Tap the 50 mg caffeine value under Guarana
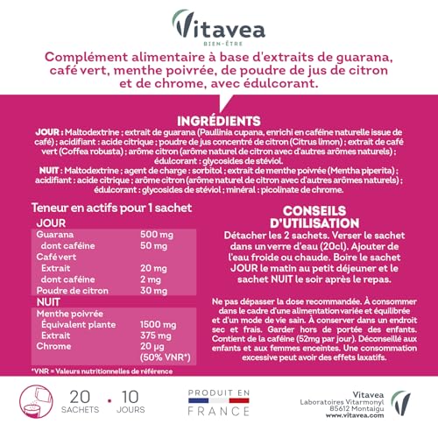[153, 247]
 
